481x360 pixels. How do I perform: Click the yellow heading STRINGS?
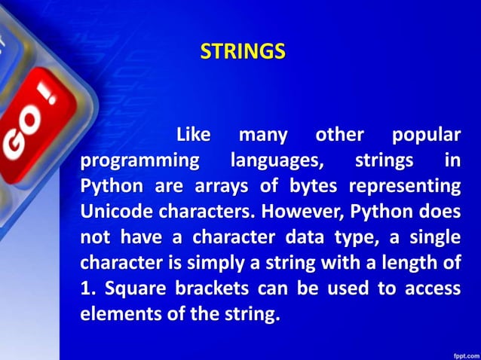[243, 52]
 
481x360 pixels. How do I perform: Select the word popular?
[426, 136]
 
